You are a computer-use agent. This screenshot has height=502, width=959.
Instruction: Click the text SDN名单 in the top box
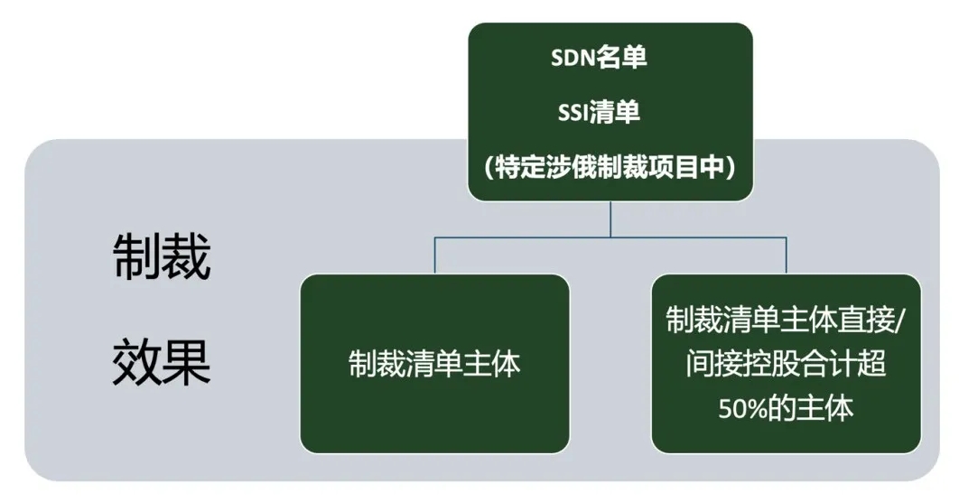599,58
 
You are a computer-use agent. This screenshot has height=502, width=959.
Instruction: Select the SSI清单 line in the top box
599,113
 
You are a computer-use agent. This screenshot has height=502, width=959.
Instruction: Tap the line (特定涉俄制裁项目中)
610,167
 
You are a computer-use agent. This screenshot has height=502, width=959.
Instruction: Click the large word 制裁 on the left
162,256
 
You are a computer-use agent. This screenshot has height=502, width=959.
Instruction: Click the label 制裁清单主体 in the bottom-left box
434,364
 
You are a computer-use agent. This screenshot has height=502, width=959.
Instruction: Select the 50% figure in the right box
742,408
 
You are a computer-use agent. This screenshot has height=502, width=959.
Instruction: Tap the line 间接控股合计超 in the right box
786,364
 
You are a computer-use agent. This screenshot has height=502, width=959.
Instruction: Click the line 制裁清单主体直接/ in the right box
786,320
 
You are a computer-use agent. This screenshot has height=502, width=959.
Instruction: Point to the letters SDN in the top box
573,58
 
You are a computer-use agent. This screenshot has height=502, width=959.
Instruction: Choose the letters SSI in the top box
573,113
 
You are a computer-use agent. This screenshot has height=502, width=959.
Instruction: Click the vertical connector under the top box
610,218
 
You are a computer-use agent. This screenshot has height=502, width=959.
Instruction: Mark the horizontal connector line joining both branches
610,237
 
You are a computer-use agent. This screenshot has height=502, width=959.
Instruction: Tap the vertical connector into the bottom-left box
435,256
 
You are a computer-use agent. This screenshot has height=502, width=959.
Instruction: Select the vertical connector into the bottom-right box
787,256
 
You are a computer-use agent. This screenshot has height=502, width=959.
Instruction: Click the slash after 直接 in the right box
900,321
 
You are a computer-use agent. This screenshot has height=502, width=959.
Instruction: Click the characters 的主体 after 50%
810,408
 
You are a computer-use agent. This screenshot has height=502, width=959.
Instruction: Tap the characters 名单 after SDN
622,58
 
